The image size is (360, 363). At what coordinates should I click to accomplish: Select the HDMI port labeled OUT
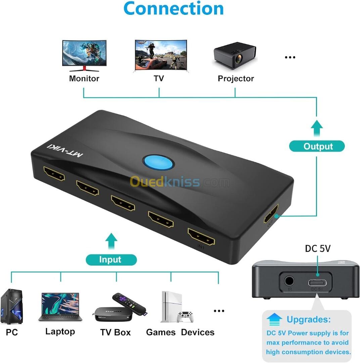pos(271,214)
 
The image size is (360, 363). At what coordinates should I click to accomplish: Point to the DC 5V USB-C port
pos(317,282)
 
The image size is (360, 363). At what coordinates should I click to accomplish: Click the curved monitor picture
pos(85,55)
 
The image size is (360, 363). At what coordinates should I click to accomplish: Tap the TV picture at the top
pos(161,55)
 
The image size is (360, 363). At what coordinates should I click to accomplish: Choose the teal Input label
pos(111,259)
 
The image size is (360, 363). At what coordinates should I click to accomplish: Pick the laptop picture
pos(60,306)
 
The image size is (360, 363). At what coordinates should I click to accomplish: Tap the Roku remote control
pos(129,304)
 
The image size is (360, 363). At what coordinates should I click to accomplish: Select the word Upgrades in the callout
pos(308,319)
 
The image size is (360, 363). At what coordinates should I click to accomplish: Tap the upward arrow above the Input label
pos(111,241)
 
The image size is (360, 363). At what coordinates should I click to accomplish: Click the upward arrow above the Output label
pos(316,128)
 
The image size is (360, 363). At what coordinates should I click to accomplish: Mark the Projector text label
pos(236,79)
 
